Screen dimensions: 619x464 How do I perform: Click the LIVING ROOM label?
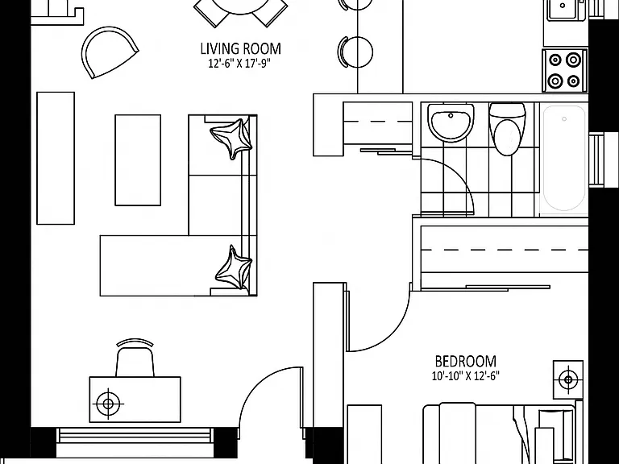click(241, 49)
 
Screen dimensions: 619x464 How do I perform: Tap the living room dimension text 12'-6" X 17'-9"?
click(239, 64)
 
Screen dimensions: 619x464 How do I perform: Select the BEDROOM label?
click(465, 361)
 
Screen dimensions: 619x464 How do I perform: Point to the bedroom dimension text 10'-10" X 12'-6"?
click(465, 375)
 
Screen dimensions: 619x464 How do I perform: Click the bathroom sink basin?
click(451, 122)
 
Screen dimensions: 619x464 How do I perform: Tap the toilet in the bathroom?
click(508, 129)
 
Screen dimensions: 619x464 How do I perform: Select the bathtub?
click(563, 159)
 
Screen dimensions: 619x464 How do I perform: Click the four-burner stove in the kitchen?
click(564, 71)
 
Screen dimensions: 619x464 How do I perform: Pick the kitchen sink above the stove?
click(562, 9)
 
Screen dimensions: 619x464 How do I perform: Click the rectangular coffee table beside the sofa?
click(138, 160)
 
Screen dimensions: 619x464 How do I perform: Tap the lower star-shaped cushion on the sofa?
click(234, 268)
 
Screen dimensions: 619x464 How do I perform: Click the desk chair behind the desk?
click(135, 358)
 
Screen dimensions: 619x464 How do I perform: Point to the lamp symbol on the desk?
click(108, 404)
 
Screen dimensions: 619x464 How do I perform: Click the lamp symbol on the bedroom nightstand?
click(568, 380)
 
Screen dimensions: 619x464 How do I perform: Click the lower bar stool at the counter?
click(355, 52)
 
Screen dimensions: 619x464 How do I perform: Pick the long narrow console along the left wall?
click(56, 158)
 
